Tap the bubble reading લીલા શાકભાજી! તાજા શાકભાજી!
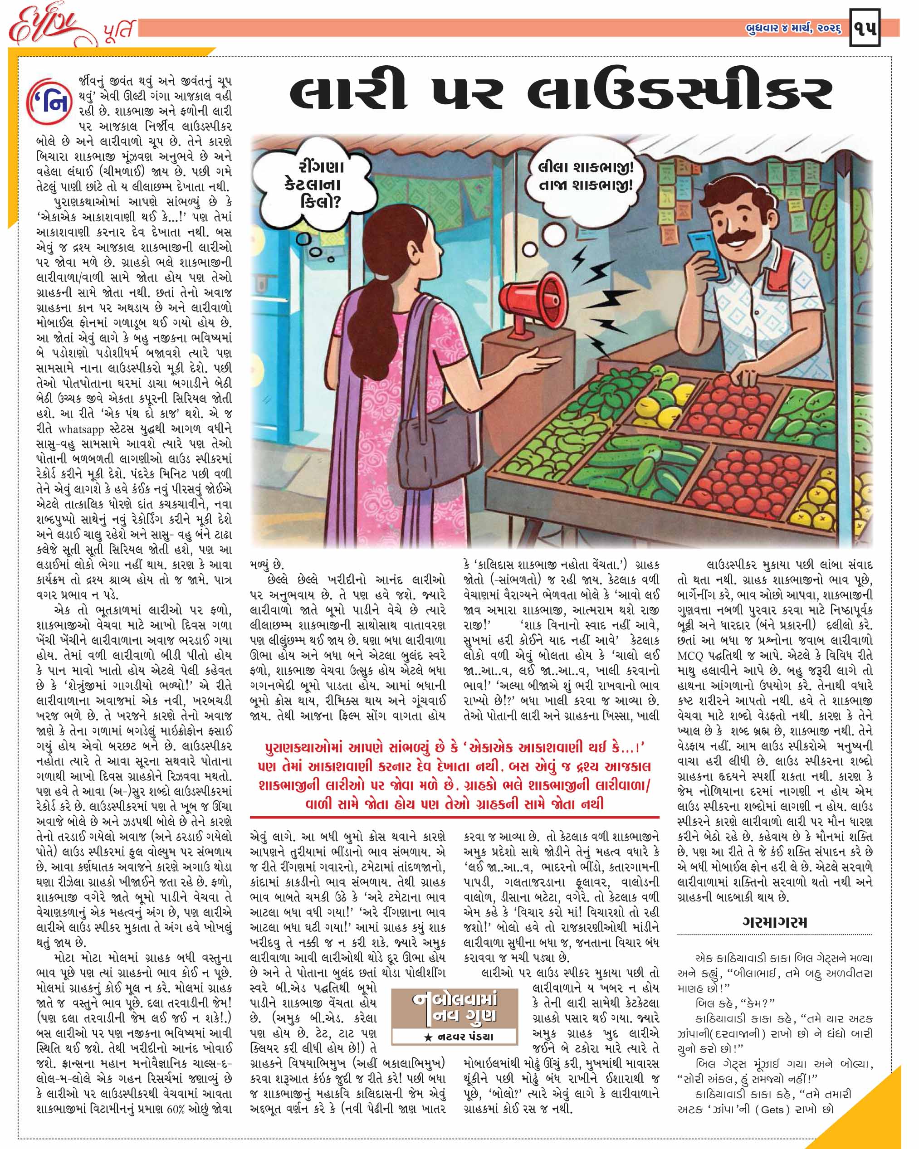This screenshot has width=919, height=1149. coord(586,176)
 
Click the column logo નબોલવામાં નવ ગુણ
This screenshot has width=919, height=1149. coord(455,1009)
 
